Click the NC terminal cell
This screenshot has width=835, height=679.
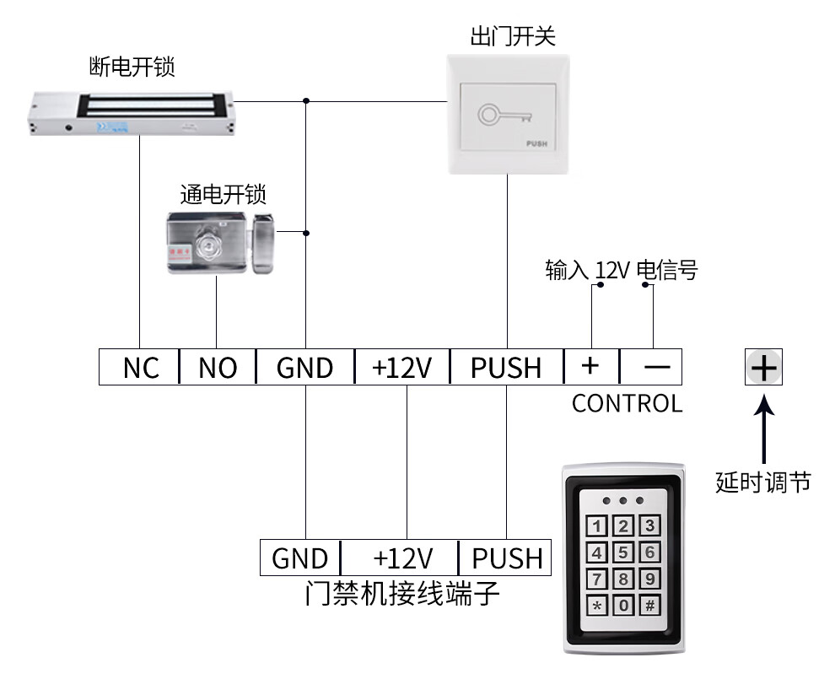140,368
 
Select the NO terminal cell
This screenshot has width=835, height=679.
218,368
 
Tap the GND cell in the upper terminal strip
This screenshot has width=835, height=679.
304,368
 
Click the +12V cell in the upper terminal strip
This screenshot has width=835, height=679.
402,368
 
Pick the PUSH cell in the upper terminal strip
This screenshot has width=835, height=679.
506,368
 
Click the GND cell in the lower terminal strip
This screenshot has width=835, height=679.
300,558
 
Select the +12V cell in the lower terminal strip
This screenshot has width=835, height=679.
402,558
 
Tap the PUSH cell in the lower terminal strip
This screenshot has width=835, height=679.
506,558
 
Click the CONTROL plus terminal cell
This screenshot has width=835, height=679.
590,367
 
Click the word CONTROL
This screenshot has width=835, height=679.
627,403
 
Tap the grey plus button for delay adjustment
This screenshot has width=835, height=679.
763,368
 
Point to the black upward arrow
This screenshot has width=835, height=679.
763,426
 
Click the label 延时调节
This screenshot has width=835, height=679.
762,482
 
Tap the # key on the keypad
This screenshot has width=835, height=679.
649,605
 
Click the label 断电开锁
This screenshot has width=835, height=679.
132,67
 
